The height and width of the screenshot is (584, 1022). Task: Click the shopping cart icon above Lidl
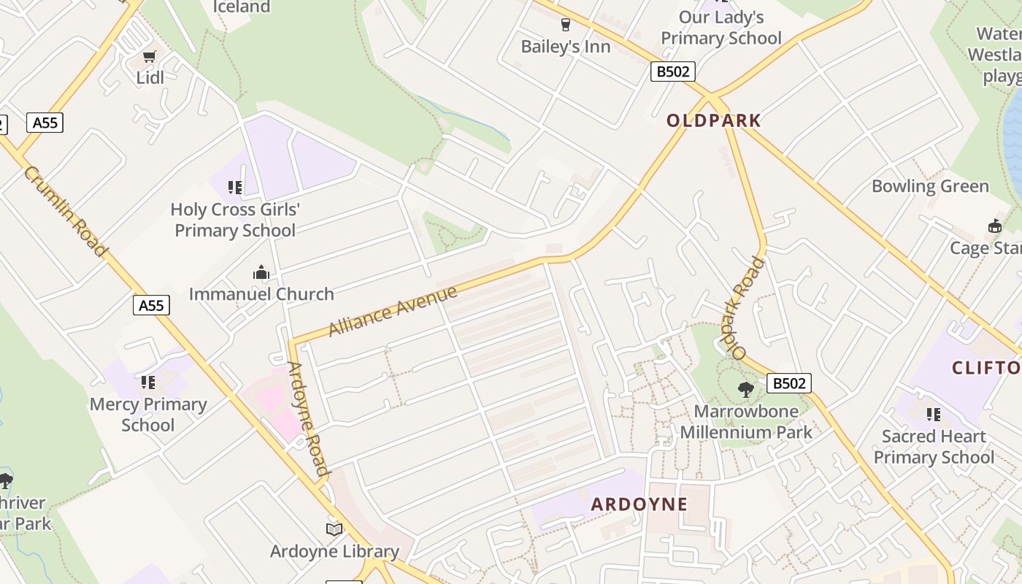pos(150,56)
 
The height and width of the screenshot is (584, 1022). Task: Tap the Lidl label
pos(150,77)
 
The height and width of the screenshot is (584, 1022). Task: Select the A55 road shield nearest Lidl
pos(45,122)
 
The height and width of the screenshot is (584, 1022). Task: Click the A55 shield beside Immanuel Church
pos(151,304)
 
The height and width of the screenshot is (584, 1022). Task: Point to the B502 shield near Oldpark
pos(672,72)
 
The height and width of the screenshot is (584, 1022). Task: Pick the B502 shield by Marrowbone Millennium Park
pos(789,383)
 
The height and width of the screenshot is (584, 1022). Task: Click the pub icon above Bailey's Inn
pos(565,25)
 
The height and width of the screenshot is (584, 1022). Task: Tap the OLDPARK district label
pos(714,120)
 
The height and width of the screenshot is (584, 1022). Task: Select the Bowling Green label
pos(930,186)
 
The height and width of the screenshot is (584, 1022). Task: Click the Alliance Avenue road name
pos(393,311)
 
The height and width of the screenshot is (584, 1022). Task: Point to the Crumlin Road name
pos(65,211)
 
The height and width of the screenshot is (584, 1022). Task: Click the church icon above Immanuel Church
pos(261,273)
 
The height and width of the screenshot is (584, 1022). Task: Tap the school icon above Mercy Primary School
pos(148,383)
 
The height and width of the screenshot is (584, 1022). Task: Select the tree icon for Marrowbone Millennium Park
pos(745,389)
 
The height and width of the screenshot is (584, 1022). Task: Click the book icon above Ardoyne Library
pos(334,529)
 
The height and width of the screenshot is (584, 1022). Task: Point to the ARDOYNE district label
pos(639,504)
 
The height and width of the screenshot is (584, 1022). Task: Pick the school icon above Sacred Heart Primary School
pos(933,415)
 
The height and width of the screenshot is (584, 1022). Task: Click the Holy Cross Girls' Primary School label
pos(235,220)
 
